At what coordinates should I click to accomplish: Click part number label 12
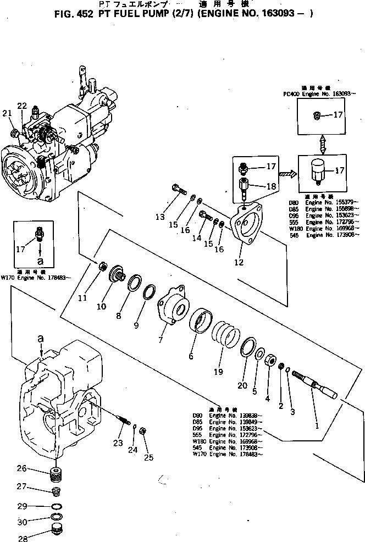239,262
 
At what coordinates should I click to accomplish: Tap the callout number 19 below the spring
218,372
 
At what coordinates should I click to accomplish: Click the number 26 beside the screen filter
21,469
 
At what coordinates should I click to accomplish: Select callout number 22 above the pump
21,106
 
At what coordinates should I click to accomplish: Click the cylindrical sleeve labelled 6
201,323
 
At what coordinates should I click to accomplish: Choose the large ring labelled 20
250,349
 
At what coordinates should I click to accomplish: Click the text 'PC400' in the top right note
290,94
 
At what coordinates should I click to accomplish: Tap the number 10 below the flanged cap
101,306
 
